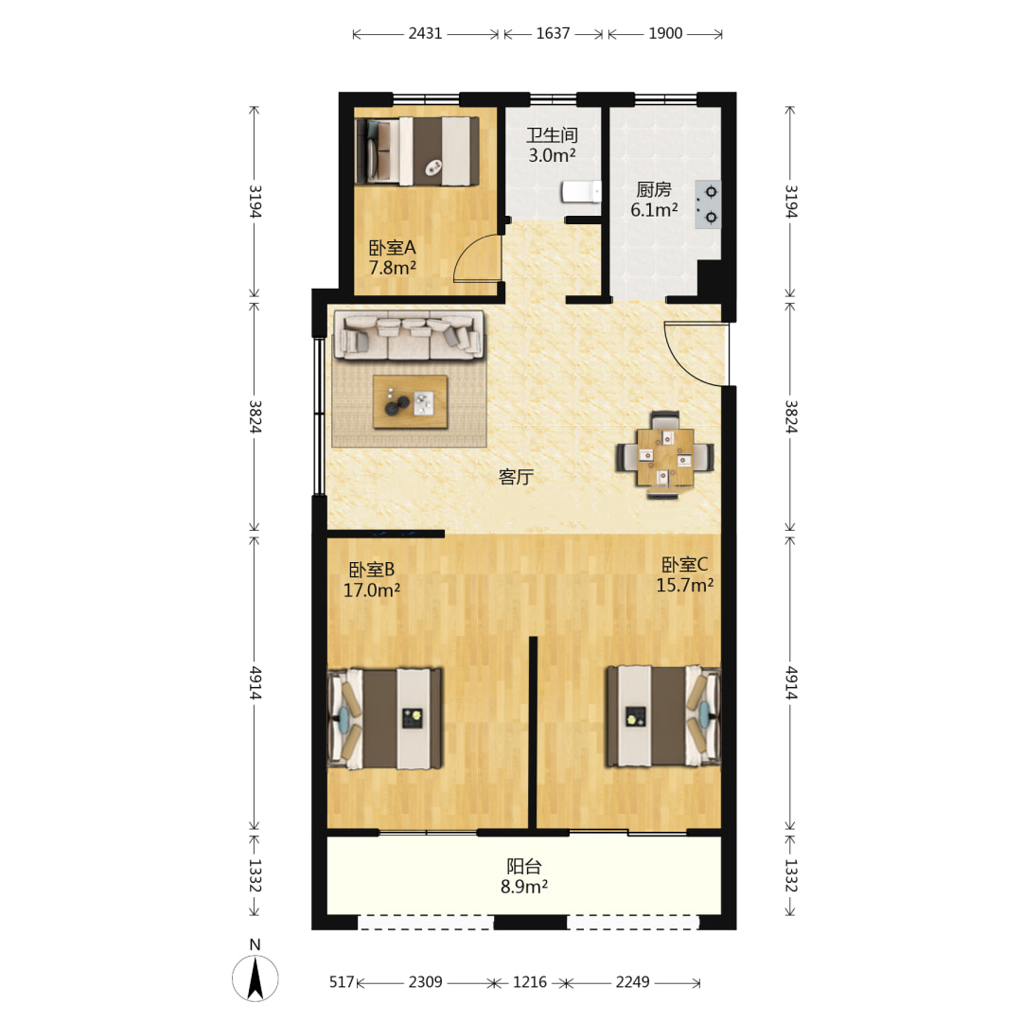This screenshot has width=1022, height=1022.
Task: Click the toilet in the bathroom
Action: pos(581,192)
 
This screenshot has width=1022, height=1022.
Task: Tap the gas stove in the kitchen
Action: pos(707,204)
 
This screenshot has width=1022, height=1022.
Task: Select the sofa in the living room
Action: pos(410,335)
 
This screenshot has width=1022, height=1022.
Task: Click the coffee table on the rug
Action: pos(410,401)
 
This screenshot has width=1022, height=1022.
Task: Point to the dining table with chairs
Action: pos(665,456)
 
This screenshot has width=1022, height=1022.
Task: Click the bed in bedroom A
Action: pos(417,151)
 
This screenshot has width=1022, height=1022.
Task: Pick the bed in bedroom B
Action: pos(385,717)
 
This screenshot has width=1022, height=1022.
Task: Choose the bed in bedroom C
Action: pos(663,715)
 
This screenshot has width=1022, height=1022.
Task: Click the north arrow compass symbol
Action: pos(255,978)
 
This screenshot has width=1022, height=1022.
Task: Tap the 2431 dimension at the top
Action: pos(425,33)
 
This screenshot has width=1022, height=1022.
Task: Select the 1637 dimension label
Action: pos(553,33)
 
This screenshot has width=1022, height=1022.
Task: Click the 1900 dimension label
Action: pos(665,33)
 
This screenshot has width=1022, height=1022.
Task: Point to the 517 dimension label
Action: pos(342,981)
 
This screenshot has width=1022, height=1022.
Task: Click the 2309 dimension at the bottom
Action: pos(425,981)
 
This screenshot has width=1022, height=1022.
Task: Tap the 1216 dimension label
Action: pos(529,981)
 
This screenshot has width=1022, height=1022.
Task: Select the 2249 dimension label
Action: pos(632,981)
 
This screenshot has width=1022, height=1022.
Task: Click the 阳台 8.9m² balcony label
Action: pos(524,876)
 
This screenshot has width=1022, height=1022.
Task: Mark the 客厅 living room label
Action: pos(516,477)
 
